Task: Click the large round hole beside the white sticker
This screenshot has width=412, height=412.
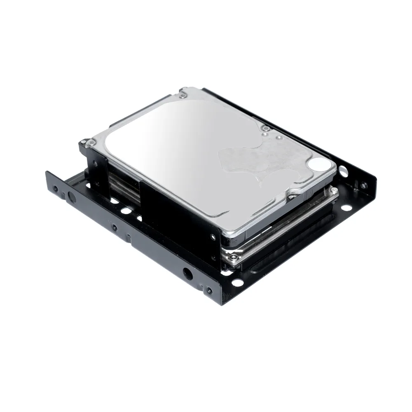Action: pos(343,169)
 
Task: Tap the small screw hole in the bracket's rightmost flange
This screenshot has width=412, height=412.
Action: pos(363,185)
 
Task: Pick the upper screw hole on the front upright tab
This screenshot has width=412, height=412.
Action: pos(213,237)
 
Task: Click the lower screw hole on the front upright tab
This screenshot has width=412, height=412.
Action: pos(213,258)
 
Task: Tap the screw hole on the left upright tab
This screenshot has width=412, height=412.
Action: pos(95,164)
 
